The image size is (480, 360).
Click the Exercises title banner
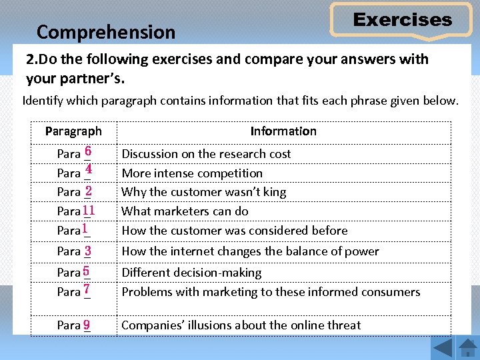click(x=402, y=20)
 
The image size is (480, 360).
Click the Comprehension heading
click(x=106, y=32)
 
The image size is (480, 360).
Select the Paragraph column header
click(x=73, y=131)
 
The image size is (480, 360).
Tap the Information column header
click(x=283, y=131)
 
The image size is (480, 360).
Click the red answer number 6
click(x=88, y=152)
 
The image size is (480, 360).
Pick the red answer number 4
click(x=88, y=171)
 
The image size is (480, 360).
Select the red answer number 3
click(x=88, y=251)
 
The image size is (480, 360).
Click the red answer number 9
click(x=87, y=325)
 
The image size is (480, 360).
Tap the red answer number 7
click(x=87, y=291)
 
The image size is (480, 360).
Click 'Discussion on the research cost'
click(x=206, y=154)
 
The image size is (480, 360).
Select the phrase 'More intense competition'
click(x=192, y=173)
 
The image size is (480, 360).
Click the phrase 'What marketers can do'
click(x=185, y=211)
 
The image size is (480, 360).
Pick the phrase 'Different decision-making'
click(x=191, y=273)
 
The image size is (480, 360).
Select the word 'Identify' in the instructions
click(x=43, y=101)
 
